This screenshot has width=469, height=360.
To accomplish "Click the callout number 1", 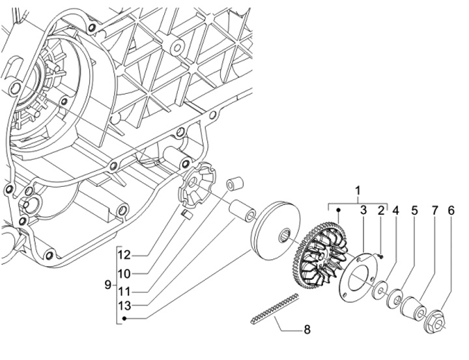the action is coord(358,191).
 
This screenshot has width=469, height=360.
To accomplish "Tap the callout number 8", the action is coord(307,329).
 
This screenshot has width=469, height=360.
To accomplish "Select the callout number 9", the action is coord(108,284).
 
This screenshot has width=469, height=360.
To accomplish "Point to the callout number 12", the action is coord(124,255).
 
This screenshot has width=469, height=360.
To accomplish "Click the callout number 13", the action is coord(124,305).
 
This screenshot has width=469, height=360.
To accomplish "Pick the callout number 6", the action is coord(451,211).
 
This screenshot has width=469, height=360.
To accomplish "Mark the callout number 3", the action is coord(363,210).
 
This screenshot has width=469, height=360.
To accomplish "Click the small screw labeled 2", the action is coord(381,256).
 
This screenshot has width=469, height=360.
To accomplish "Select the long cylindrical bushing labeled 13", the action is coord(242,211).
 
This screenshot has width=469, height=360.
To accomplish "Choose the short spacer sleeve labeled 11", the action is coord(234,184).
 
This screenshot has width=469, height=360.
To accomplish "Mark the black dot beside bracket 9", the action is coord(124,319).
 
